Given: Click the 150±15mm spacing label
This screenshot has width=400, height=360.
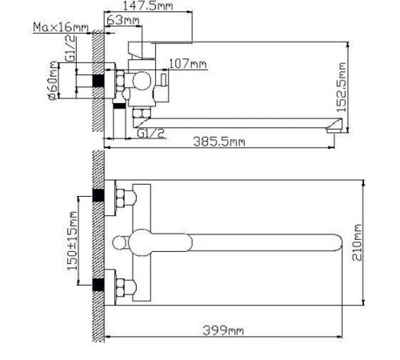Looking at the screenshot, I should (x=72, y=241).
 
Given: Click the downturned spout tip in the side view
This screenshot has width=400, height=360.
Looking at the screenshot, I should (x=336, y=126).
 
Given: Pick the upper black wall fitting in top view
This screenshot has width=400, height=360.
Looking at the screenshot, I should (x=99, y=195).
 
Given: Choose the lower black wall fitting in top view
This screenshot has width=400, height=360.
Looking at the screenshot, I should (x=99, y=282).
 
